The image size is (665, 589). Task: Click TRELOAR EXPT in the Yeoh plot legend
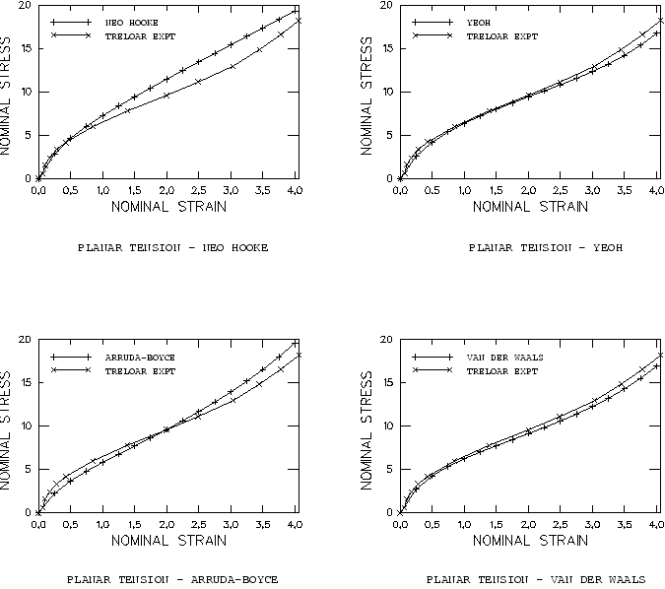(x=501, y=35)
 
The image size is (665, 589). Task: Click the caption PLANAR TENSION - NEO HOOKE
(x=172, y=246)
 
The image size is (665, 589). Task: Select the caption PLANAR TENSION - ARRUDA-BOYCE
(x=172, y=579)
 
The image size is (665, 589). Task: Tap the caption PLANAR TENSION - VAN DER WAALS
(x=536, y=579)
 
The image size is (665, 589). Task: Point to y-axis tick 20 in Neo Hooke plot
(x=25, y=7)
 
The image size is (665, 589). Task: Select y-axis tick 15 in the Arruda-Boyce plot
(x=25, y=383)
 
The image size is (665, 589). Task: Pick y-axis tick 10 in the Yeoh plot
(x=386, y=93)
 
